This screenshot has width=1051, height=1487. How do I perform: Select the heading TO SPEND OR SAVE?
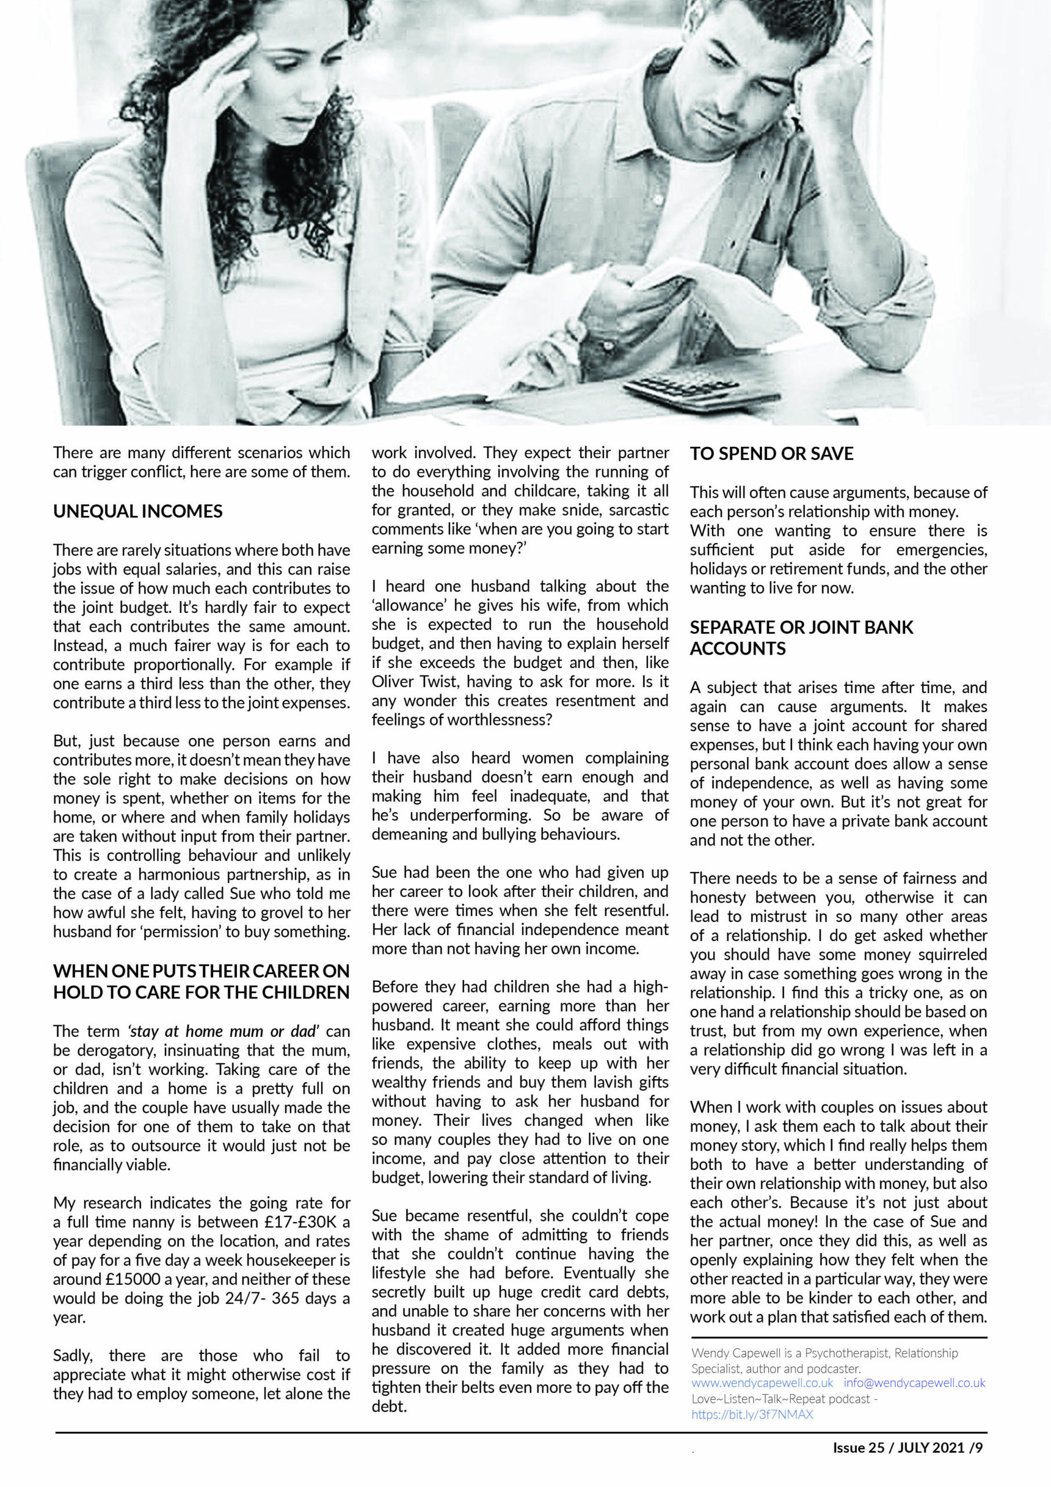pos(771,453)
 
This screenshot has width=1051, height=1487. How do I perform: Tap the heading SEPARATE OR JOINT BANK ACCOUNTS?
pos(801,637)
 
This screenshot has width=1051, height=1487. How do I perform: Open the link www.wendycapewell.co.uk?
pos(762,1382)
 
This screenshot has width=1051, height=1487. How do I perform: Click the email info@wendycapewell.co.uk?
pos(915,1382)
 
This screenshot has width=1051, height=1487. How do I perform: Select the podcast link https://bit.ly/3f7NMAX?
pos(752,1414)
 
